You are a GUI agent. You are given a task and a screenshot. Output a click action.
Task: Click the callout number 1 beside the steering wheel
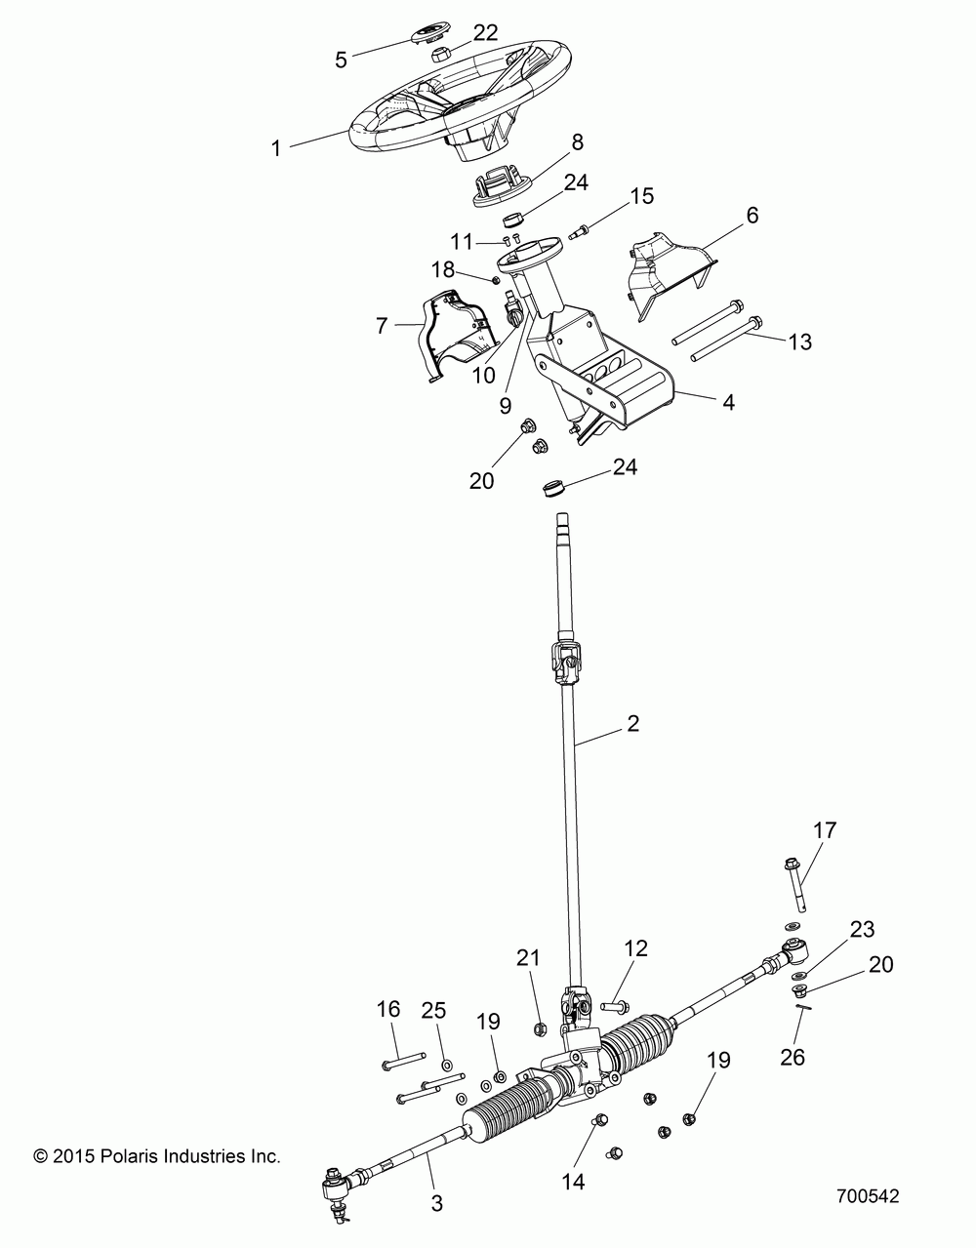[276, 148]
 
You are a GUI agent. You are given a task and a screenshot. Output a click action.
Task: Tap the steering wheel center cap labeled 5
[430, 34]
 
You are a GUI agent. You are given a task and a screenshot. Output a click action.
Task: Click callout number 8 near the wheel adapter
[577, 141]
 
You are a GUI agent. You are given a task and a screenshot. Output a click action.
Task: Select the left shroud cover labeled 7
[457, 335]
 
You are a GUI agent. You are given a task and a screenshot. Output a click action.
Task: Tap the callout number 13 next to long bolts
[799, 342]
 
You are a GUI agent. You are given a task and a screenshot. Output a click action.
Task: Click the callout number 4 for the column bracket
[728, 402]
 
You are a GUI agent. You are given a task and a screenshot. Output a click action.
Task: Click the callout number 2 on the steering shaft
[632, 724]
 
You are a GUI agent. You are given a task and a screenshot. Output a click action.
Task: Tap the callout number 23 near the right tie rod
[862, 929]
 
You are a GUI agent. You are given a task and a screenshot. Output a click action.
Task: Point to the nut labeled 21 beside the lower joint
[540, 1029]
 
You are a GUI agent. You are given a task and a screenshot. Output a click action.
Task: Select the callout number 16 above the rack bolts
[388, 1009]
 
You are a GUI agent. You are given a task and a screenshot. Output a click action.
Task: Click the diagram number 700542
[868, 1195]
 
